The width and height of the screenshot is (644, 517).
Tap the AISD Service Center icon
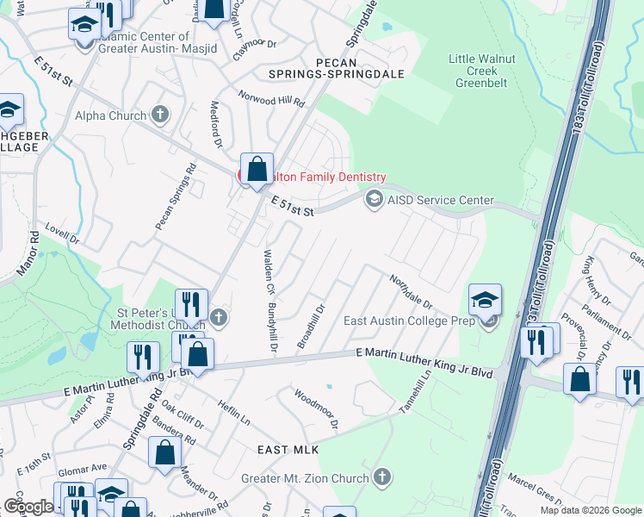374,200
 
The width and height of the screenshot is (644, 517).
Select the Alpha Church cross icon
160,115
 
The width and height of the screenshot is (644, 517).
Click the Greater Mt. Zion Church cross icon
381,477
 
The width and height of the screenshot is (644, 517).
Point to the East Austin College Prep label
410,321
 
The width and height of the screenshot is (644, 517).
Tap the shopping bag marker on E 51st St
257,169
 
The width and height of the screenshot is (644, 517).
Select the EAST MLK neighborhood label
288,450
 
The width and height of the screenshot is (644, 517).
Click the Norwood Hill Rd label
272,100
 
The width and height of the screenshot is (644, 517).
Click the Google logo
28,507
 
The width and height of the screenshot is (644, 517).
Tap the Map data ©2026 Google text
590,510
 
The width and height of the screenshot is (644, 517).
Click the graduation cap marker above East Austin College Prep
485,300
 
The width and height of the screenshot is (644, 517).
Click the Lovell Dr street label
62,234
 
